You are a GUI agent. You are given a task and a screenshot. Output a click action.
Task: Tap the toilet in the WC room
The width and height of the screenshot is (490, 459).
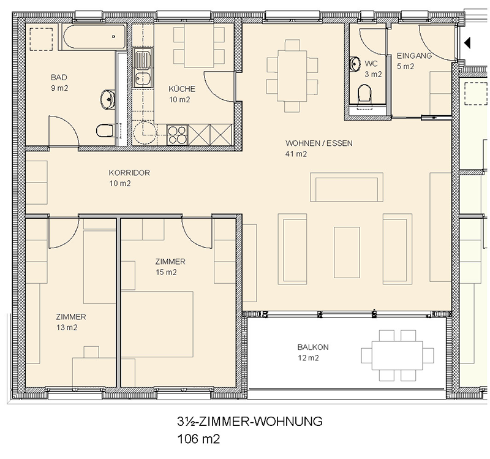[x=364, y=93]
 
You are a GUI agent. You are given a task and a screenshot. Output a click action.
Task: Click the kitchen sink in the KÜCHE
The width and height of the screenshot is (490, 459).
[x=143, y=67]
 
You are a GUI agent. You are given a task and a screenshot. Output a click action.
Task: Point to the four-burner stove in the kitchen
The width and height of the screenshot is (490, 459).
[x=177, y=135]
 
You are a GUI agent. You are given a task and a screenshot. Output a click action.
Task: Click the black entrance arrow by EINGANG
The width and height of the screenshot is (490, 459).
[x=467, y=43]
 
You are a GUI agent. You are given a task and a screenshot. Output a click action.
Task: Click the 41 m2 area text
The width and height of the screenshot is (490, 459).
[x=296, y=154]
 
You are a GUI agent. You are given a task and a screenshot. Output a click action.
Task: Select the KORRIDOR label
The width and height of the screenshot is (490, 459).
[x=129, y=173]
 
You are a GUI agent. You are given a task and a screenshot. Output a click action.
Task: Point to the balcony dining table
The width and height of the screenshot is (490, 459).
[x=397, y=355]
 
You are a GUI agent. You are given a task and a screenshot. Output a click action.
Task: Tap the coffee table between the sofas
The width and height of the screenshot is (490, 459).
[x=347, y=252]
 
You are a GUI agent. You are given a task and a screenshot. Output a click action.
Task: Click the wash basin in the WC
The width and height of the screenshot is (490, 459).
[x=354, y=64]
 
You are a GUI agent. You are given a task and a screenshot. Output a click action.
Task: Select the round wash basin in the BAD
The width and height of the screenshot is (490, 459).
[x=108, y=99]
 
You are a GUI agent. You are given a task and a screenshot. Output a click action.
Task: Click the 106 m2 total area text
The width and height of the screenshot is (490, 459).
[x=198, y=439]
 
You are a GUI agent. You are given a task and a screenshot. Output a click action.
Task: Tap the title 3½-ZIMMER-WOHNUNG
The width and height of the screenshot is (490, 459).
[x=250, y=422]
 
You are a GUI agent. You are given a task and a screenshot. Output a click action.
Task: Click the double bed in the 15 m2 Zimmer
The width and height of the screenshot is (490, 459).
[x=157, y=324]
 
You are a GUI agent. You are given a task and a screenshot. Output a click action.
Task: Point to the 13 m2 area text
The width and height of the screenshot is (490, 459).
[x=67, y=327]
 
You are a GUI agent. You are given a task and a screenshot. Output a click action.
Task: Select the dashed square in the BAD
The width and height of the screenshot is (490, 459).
[x=41, y=39]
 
